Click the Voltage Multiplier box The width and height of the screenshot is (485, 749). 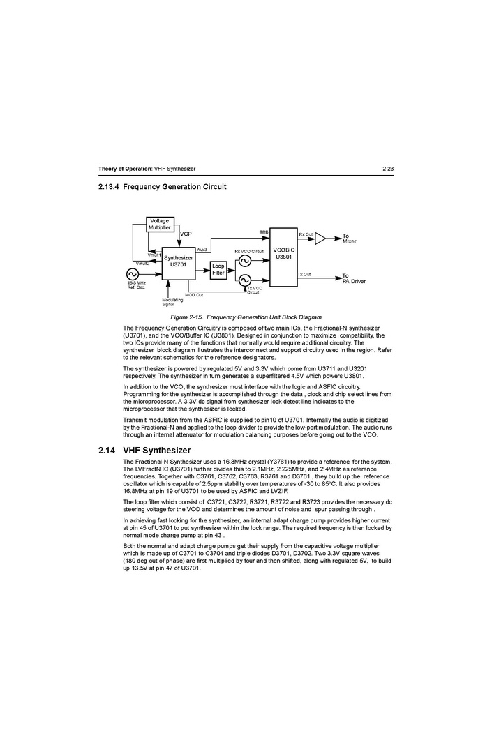click(159, 225)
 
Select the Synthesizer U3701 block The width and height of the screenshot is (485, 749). click(178, 262)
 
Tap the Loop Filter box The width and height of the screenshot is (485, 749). click(218, 270)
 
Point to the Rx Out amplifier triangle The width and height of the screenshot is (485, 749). click(320, 239)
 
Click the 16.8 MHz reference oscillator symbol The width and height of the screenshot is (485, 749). click(132, 274)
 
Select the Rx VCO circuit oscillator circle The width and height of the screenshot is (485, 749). click(244, 261)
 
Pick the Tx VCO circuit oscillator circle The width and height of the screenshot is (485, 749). click(244, 280)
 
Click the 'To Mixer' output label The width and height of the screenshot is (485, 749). click(350, 239)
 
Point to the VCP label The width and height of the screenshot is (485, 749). click(186, 234)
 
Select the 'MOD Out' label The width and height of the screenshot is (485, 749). click(194, 295)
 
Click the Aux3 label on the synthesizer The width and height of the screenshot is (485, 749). click(202, 249)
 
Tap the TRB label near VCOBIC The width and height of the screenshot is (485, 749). click(264, 232)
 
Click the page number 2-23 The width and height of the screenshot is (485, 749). click(389, 169)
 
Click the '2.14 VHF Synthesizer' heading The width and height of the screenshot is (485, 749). click(144, 451)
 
